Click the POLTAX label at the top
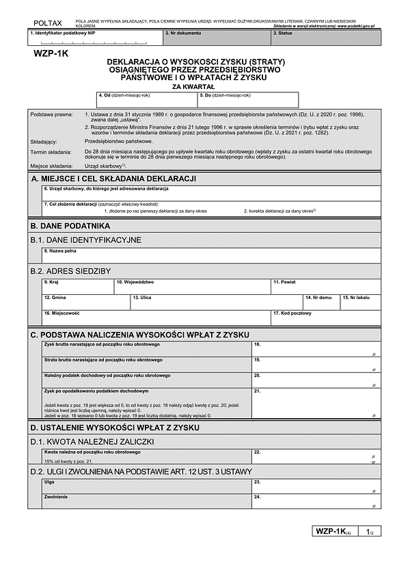[47, 23]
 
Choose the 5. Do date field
[247, 101]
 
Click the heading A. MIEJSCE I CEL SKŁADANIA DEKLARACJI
[113, 178]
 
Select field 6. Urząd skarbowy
[210, 192]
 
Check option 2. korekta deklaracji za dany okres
[279, 211]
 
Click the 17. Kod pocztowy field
[325, 318]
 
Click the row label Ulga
[49, 482]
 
